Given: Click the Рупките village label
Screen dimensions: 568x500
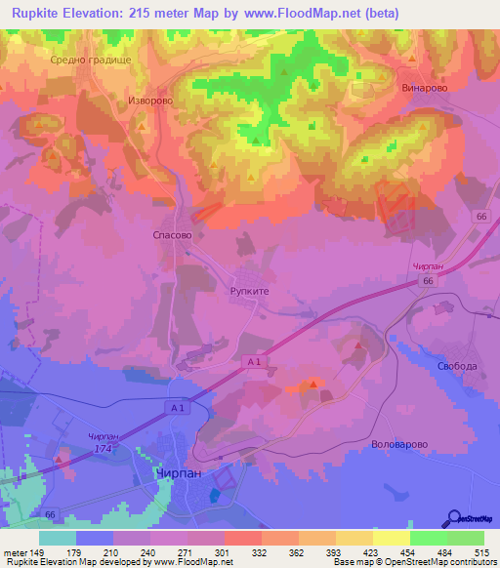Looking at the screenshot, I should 249,290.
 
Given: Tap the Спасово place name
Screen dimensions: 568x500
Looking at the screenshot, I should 173,235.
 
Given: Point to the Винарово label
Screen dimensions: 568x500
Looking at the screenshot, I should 424,86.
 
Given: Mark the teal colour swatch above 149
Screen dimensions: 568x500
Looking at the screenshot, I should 57,538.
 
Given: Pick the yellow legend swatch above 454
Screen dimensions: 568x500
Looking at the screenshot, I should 391,538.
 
